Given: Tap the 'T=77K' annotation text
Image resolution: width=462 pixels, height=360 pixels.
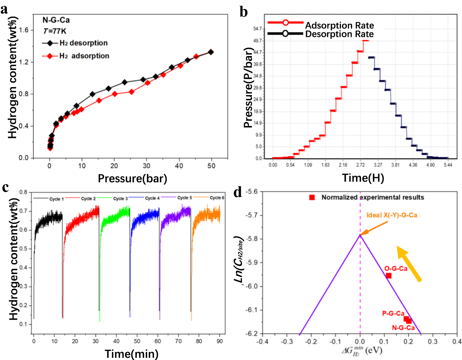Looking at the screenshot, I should pyautogui.click(x=54, y=31).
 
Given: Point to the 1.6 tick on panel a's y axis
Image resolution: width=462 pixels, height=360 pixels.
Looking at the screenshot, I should pyautogui.click(x=24, y=30).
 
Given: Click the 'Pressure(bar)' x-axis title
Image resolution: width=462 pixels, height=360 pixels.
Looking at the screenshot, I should pyautogui.click(x=132, y=178).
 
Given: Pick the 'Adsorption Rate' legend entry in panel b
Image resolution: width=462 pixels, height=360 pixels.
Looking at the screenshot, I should pyautogui.click(x=339, y=25).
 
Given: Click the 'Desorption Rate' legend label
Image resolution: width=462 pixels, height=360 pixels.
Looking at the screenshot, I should pyautogui.click(x=339, y=34).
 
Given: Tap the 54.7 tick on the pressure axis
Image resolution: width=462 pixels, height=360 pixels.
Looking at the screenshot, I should pyautogui.click(x=257, y=29).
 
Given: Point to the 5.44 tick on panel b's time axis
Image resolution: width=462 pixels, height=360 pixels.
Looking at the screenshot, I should pyautogui.click(x=448, y=165).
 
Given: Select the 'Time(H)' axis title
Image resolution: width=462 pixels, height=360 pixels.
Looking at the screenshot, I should pyautogui.click(x=363, y=178).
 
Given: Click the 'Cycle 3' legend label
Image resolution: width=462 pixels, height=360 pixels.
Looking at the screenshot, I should pyautogui.click(x=120, y=198).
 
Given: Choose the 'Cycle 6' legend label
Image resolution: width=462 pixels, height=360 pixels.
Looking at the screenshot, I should pyautogui.click(x=217, y=197).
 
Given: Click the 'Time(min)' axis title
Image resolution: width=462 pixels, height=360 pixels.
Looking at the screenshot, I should pyautogui.click(x=132, y=353).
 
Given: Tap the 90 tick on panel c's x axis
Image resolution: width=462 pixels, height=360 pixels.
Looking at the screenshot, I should pyautogui.click(x=220, y=341).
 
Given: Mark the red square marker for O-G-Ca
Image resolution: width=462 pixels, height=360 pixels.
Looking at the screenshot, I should pyautogui.click(x=389, y=275).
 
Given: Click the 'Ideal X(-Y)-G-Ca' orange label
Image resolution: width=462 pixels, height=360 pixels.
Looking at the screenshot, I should pyautogui.click(x=392, y=215).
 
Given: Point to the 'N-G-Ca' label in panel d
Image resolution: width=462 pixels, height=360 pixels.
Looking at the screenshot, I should pyautogui.click(x=403, y=328).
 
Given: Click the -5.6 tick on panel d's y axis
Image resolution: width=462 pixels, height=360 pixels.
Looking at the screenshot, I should pyautogui.click(x=252, y=192).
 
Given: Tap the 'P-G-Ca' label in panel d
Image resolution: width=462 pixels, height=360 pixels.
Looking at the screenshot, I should pyautogui.click(x=393, y=314).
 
